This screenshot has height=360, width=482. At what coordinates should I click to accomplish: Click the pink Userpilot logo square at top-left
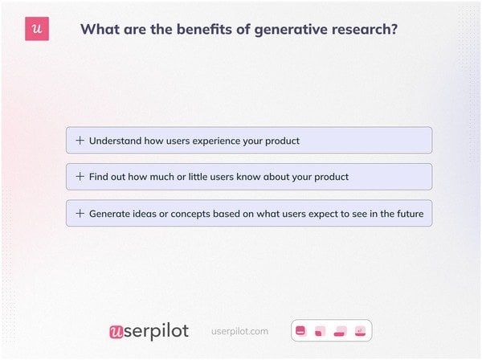[37, 29]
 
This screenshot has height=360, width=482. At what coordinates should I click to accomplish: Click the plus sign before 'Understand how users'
[80, 141]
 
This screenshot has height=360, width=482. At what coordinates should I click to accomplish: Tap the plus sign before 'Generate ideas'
[80, 214]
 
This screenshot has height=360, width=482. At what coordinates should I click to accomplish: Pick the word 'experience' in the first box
[217, 141]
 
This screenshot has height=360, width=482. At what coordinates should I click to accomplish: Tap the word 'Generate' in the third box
[111, 214]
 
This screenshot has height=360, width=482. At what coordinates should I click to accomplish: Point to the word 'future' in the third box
[407, 214]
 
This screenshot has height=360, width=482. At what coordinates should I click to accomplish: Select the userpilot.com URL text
[239, 331]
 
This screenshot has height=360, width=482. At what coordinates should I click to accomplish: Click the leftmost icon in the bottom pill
[301, 330]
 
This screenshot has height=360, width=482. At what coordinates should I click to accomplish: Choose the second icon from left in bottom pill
[320, 330]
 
